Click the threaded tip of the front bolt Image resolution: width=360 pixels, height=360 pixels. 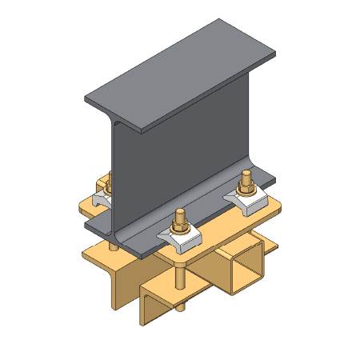tap(182, 215)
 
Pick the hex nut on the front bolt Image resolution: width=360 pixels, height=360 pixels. tap(182, 228)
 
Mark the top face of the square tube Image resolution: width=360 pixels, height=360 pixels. tap(240, 240)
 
